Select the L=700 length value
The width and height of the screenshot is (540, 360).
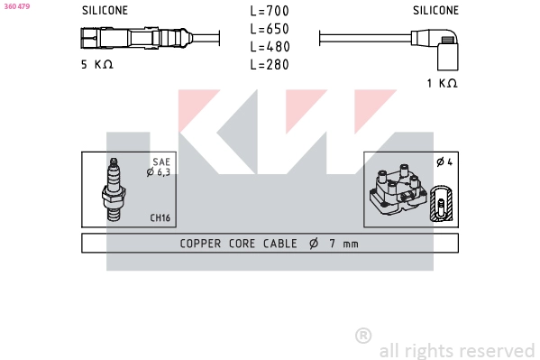270,11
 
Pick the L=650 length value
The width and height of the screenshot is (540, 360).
270,29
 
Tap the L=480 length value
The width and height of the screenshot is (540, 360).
270,46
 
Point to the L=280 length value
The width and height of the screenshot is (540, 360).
270,64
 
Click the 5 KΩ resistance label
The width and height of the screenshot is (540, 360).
97,64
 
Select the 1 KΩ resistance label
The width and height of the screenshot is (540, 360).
442,83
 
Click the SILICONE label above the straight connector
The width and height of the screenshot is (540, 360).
105,11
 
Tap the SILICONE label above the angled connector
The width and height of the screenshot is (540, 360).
435,11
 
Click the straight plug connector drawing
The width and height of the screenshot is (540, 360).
135,39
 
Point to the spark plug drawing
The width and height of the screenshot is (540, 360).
114,189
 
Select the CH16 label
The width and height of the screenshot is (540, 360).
159,217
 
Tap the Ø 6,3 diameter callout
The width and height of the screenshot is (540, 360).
159,171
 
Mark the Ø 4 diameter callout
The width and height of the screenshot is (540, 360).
444,162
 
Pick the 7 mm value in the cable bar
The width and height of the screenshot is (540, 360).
342,244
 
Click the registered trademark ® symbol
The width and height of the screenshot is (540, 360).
363,336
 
